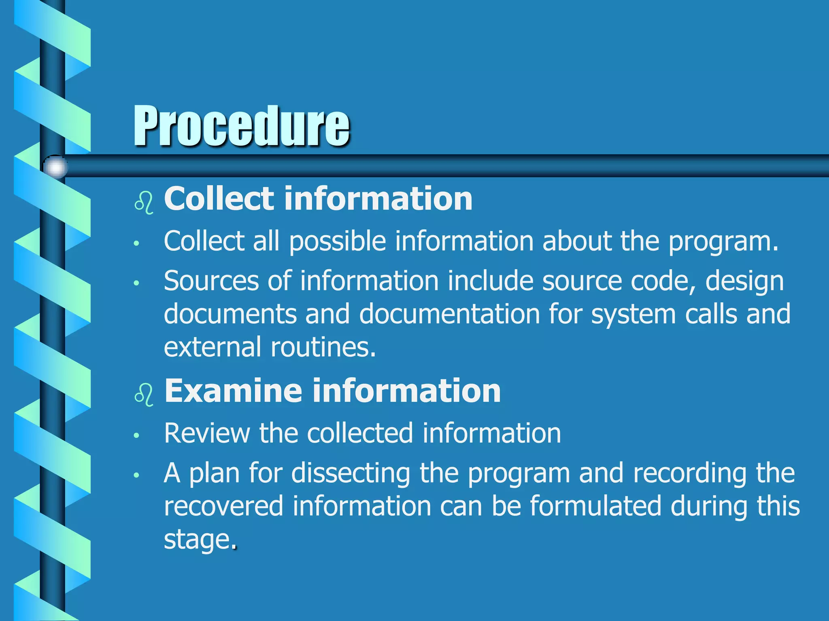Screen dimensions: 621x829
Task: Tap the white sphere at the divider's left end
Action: [x=55, y=167]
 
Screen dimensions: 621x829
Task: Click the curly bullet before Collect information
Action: [x=144, y=203]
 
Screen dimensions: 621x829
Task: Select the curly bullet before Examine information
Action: [x=144, y=394]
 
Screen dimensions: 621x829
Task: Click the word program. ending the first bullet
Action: [x=723, y=242]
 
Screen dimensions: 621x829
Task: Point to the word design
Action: [x=744, y=281]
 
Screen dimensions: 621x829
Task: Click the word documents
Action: [x=230, y=314]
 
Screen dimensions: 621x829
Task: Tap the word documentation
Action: [x=449, y=314]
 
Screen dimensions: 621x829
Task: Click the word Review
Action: [x=207, y=433]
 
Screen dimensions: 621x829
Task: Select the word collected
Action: [x=360, y=433]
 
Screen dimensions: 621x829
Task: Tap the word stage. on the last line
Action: [x=200, y=540]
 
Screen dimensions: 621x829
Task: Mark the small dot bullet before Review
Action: [x=137, y=435]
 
